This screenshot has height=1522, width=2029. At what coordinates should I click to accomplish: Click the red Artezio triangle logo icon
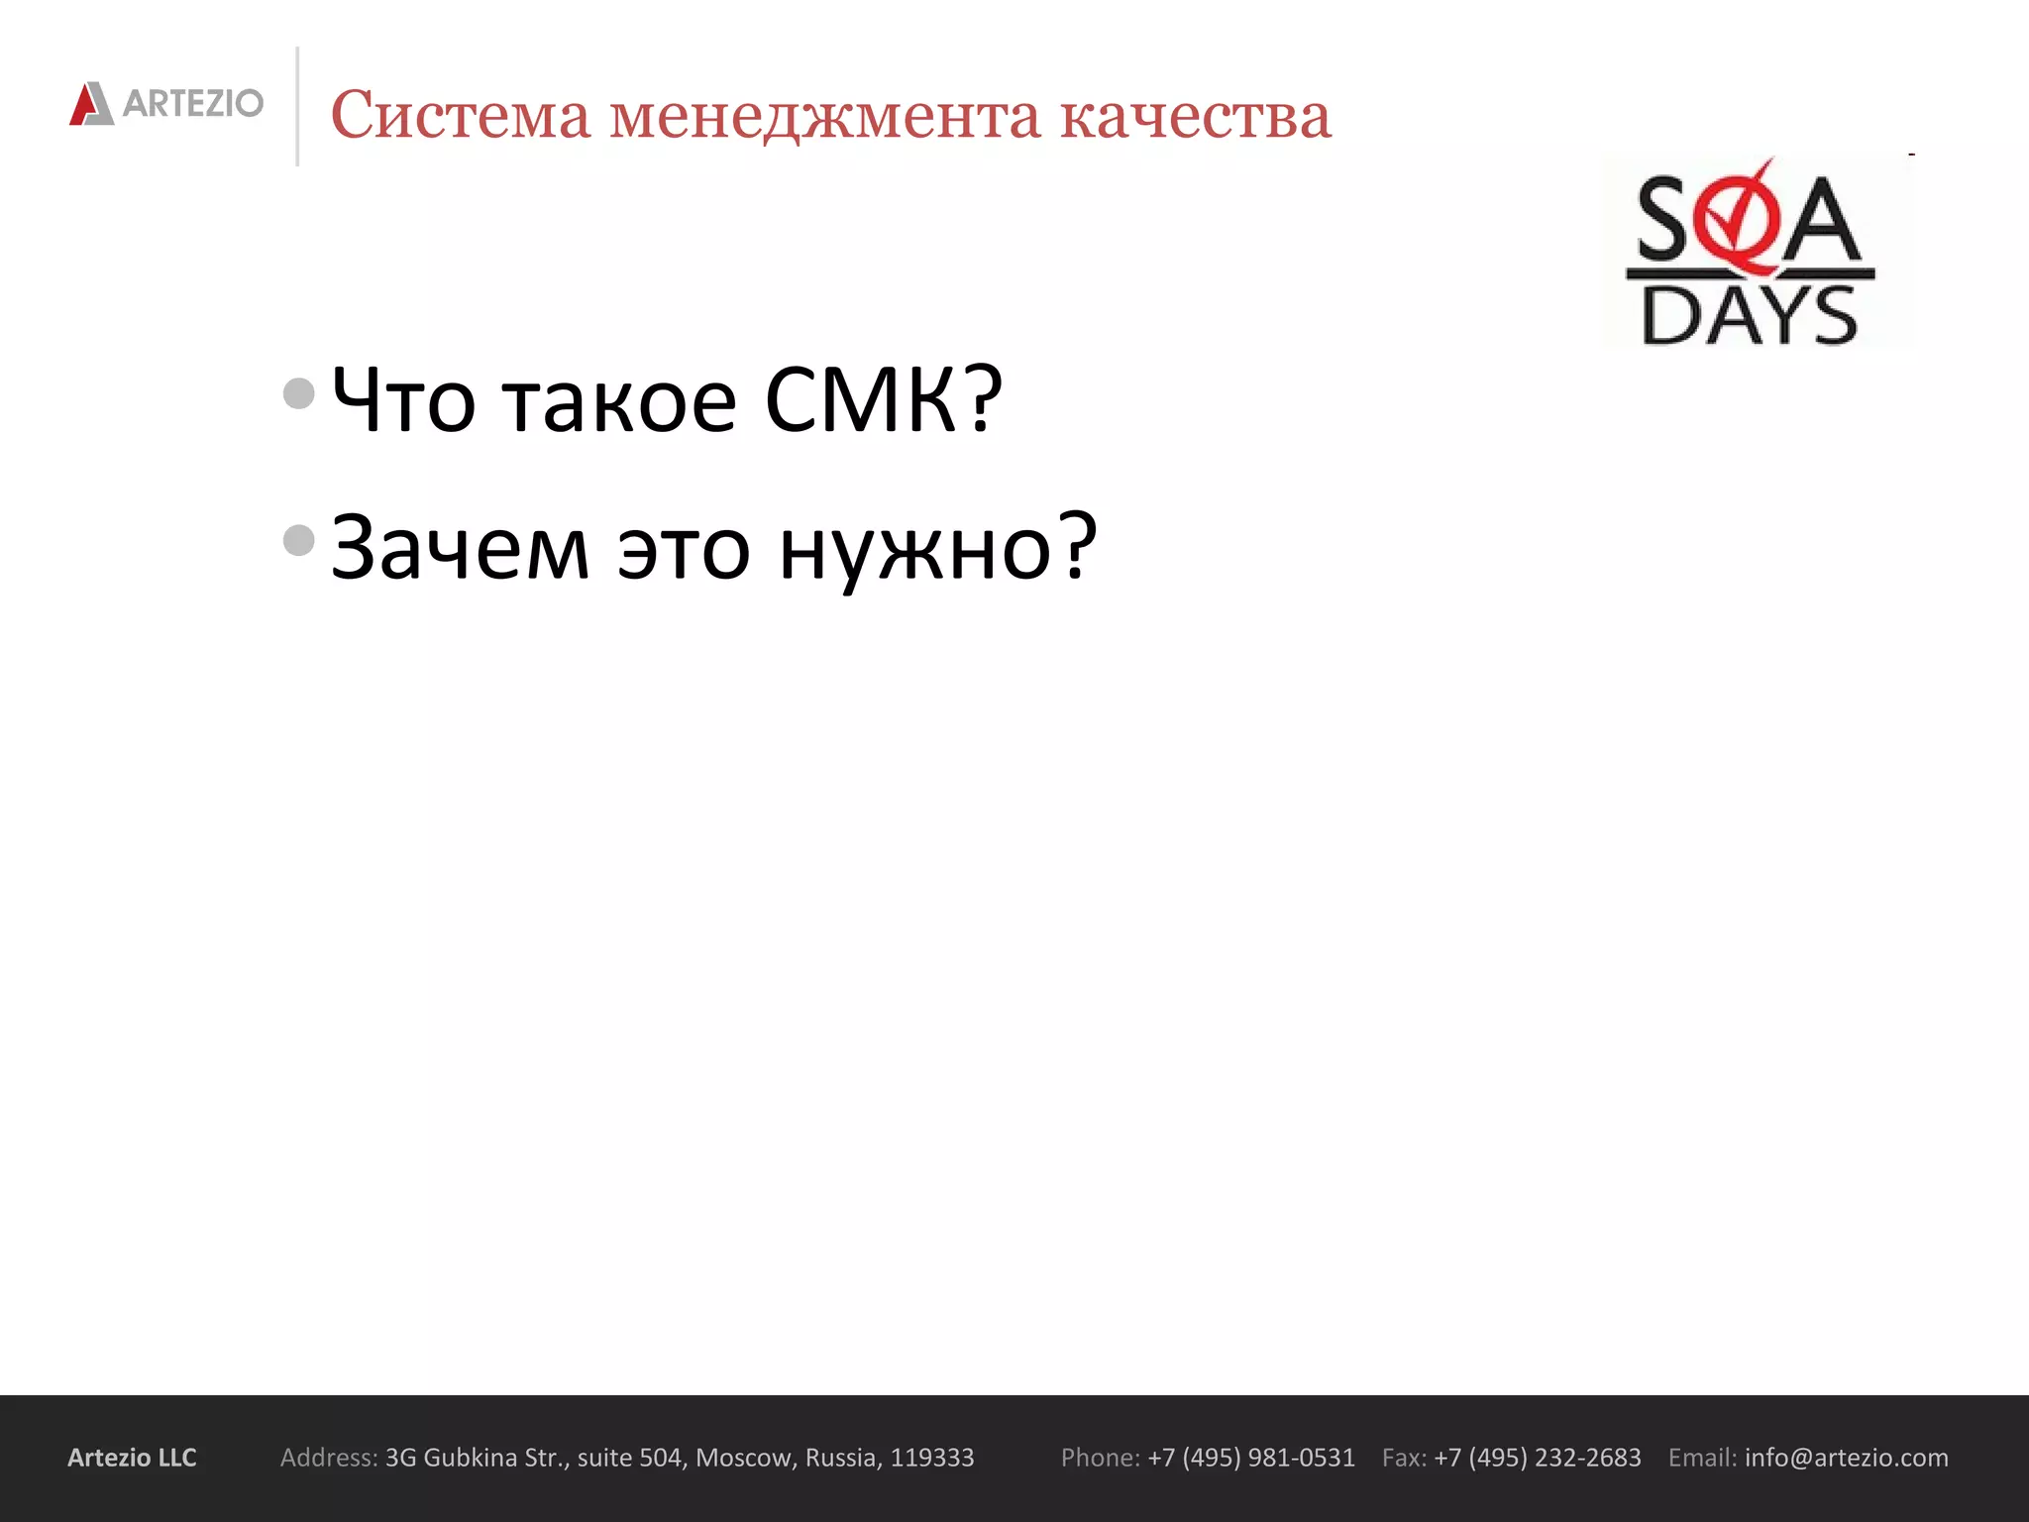tap(91, 104)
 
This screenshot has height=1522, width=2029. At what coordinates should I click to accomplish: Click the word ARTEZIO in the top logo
tap(193, 103)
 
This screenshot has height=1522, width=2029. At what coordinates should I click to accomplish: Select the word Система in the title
tap(460, 115)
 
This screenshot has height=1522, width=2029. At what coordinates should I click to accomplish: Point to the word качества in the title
tap(1196, 115)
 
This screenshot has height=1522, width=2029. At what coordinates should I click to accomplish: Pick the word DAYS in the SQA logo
tap(1750, 316)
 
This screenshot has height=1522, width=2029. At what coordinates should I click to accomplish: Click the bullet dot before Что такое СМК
tap(298, 393)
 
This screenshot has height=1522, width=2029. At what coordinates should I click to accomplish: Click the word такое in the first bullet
tap(620, 401)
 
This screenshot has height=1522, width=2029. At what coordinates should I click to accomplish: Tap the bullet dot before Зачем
tap(298, 540)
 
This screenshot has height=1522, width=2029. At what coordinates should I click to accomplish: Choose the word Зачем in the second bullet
tap(460, 548)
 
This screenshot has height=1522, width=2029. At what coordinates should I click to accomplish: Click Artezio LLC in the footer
tap(132, 1458)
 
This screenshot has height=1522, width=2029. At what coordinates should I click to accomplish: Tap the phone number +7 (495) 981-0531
tap(1250, 1458)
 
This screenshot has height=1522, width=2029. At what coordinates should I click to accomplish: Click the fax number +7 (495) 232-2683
tap(1537, 1458)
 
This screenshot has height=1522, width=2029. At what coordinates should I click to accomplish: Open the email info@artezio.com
tap(1846, 1458)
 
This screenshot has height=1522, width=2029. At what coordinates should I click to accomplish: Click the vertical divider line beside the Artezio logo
tap(297, 106)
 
